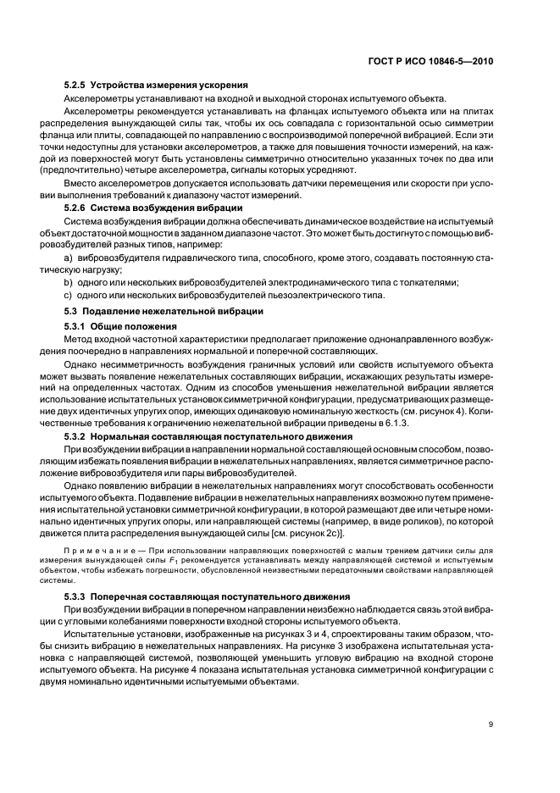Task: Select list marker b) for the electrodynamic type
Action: click(x=69, y=282)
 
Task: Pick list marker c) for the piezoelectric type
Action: click(x=69, y=295)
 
